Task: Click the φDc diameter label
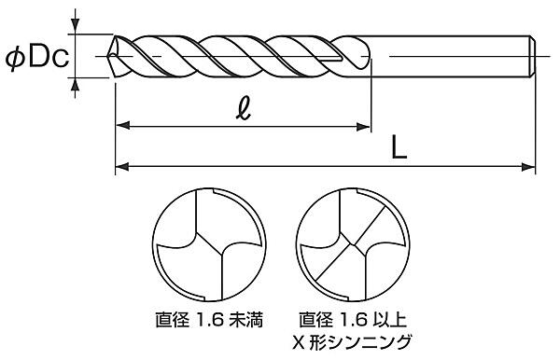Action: pos(36,58)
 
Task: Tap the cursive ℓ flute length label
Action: pos(244,108)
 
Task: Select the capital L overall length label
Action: pos(399,147)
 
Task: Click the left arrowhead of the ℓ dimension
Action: pos(122,126)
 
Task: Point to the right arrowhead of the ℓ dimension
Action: pos(364,126)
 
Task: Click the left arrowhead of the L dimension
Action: pos(121,166)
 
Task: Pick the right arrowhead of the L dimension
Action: pos(528,167)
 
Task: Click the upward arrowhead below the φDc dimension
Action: pos(75,85)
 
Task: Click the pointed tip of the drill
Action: pos(108,56)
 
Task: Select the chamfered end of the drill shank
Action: pos(533,56)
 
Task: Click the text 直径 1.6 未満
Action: pos(209,320)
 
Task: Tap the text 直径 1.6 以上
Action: pos(353,320)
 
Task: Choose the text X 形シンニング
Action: pos(352,342)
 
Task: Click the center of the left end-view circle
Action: pos(209,244)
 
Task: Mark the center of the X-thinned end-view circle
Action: pos(353,244)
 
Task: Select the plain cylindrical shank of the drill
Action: pos(450,56)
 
